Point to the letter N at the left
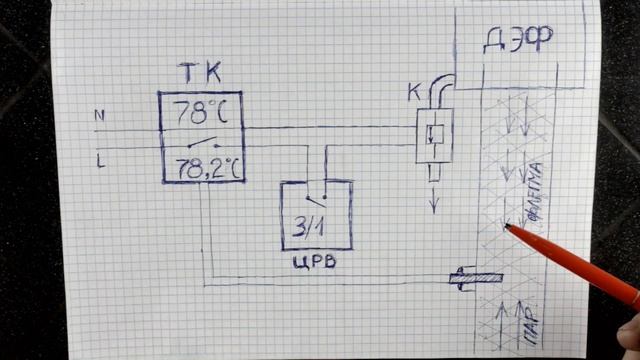coord(99,115)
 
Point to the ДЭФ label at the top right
coord(518,40)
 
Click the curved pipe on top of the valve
coord(440,91)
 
